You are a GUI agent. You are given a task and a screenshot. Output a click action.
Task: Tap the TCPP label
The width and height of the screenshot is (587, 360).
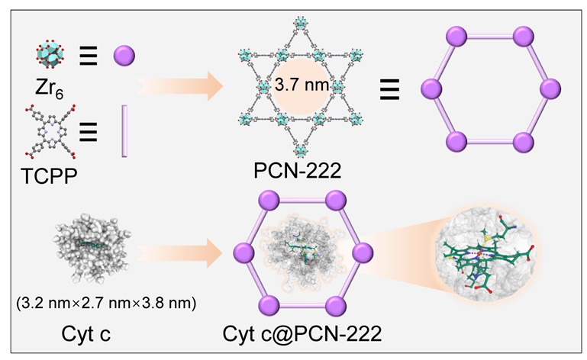(47, 182)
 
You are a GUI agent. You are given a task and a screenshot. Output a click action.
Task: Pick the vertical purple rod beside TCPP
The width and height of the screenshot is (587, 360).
(123, 133)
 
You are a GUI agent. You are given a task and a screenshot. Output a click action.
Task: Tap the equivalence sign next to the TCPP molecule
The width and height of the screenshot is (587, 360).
(89, 133)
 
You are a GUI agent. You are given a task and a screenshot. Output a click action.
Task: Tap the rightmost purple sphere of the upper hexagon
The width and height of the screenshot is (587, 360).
(551, 89)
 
